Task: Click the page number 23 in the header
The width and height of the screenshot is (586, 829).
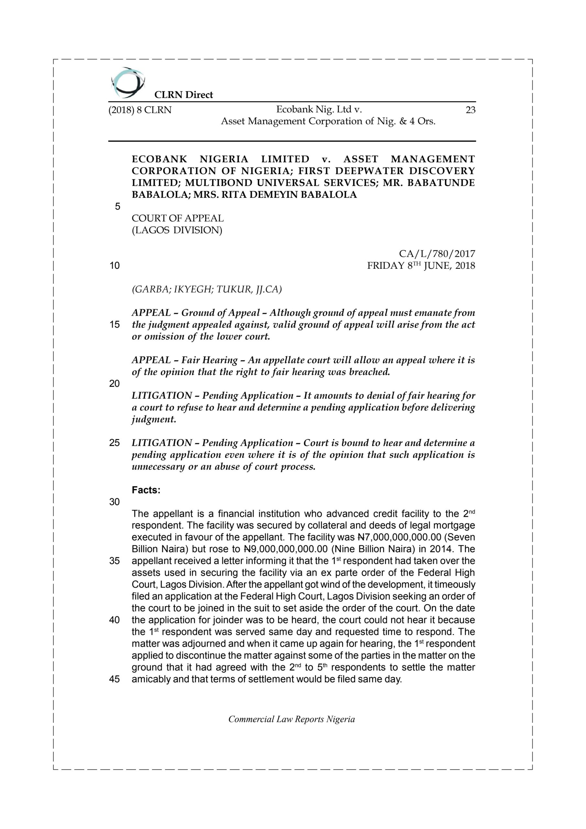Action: coord(470,110)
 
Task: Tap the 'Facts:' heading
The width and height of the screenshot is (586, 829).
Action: coord(146,490)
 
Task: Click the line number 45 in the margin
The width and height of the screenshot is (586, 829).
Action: coord(115,679)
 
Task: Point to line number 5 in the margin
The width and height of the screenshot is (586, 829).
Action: coord(117,207)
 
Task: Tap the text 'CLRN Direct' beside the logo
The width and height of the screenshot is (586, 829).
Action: coord(184,95)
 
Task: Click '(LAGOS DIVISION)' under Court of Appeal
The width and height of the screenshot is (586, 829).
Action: coord(177,230)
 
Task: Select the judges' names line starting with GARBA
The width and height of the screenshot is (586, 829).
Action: coord(207,289)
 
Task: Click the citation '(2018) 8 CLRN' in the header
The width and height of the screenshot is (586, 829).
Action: coord(140,110)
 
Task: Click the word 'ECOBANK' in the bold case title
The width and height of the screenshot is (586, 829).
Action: coord(160,159)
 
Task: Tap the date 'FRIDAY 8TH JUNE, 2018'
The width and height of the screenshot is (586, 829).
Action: coord(421,266)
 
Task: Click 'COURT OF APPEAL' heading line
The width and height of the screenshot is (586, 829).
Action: coord(178,219)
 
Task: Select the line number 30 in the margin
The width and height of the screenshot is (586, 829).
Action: coord(115,502)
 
